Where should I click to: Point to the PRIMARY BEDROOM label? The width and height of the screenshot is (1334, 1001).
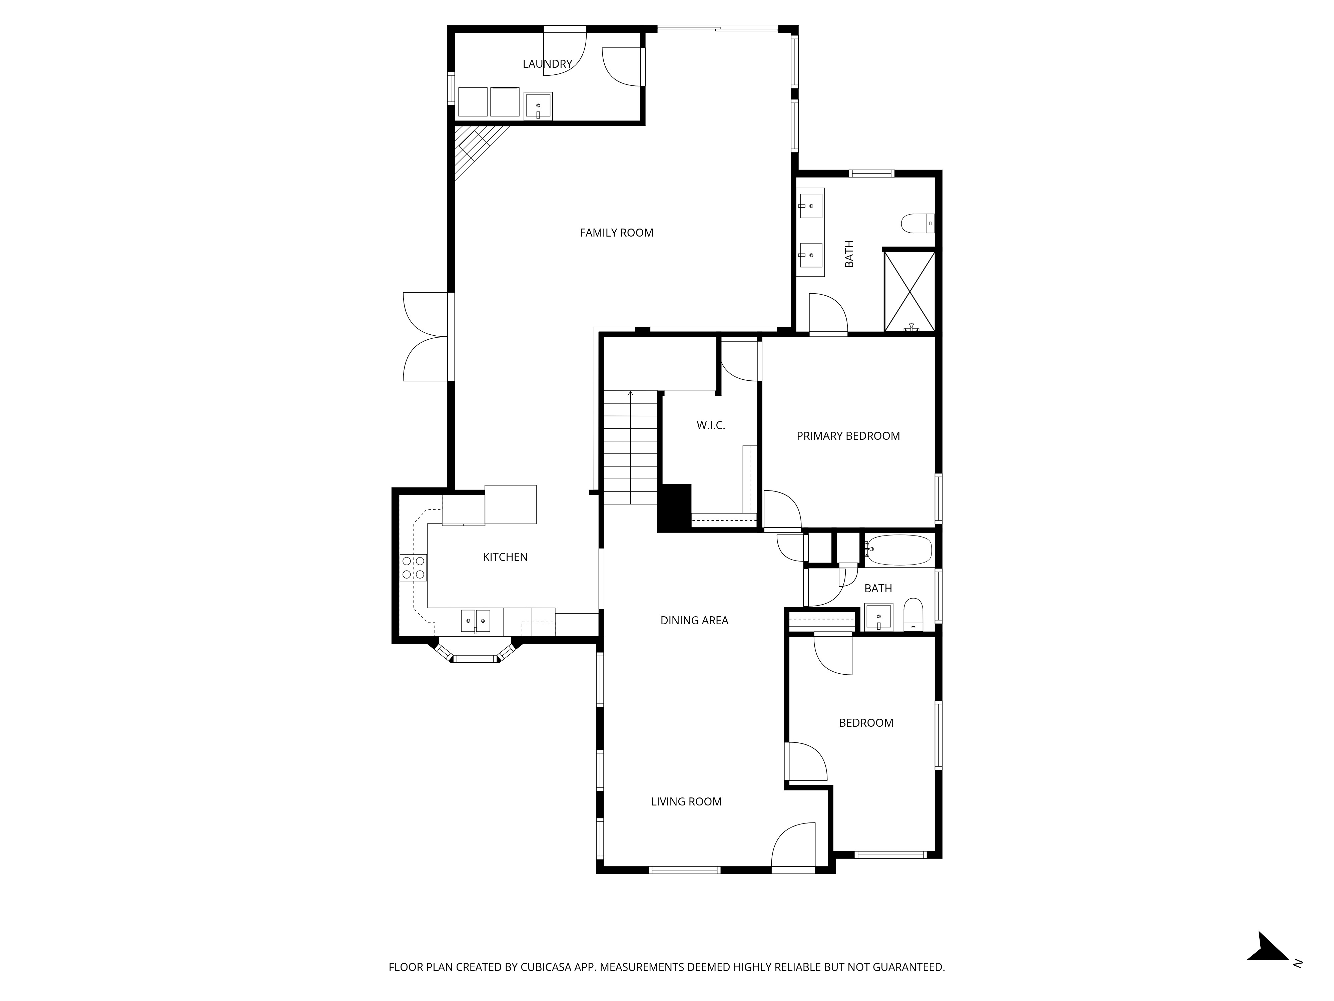(847, 436)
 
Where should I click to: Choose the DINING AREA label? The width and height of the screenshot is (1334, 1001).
(694, 620)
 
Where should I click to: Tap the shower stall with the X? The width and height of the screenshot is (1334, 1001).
(909, 291)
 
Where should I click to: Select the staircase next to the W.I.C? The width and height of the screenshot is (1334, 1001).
(630, 448)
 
